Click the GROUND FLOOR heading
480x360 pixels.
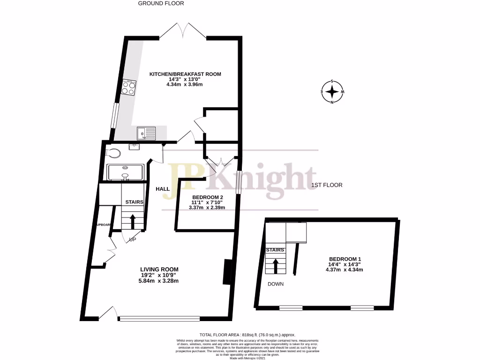point(161,3)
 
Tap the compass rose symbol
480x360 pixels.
point(332,91)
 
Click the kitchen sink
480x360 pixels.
point(146,134)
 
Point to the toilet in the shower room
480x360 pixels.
point(113,153)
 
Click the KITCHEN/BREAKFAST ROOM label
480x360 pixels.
point(185,74)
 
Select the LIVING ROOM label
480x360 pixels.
point(159,269)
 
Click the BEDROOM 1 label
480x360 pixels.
point(345,259)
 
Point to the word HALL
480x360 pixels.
point(163,188)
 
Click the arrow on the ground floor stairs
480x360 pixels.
point(133,219)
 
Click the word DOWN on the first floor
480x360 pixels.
point(276,284)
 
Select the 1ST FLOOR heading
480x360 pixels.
point(327,185)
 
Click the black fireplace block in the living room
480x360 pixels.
point(227,272)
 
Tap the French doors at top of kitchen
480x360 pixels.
point(182,31)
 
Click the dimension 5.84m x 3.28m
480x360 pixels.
point(158,281)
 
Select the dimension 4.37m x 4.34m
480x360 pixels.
point(345,270)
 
